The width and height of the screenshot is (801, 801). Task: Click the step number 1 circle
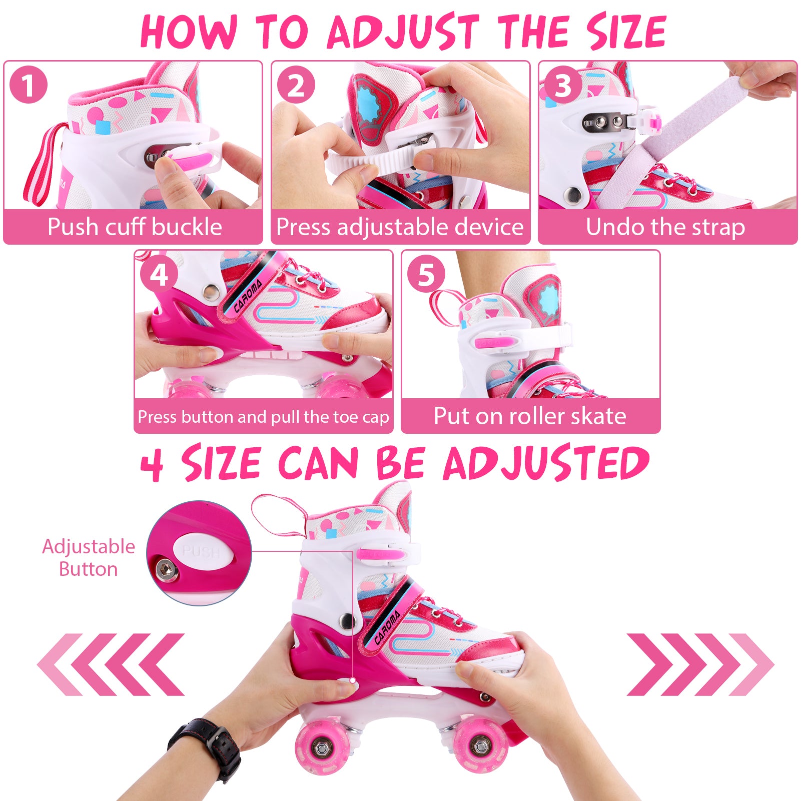(x=29, y=85)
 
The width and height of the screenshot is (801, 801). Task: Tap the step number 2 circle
(x=296, y=85)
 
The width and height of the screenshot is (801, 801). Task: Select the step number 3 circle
(x=563, y=85)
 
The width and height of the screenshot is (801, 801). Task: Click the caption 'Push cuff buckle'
(x=135, y=227)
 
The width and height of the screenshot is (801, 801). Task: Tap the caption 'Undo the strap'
(x=665, y=227)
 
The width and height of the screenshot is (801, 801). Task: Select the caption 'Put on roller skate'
(x=530, y=416)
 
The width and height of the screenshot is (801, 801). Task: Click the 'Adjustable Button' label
(x=89, y=558)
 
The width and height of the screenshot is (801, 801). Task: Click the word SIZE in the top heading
(x=626, y=31)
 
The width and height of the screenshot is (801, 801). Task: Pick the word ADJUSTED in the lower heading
(x=546, y=463)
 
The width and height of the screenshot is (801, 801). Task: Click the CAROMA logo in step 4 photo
(x=248, y=297)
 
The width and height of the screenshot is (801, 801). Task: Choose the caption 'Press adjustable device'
(x=400, y=227)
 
